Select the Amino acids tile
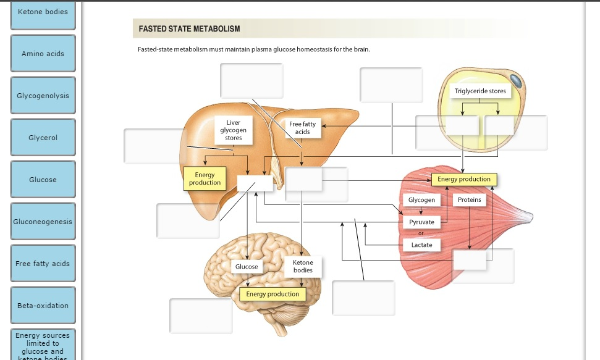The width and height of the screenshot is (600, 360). pos(43,54)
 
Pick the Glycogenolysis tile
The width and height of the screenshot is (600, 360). pos(43,96)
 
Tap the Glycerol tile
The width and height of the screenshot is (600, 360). pos(43,138)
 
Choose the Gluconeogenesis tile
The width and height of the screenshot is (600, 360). pos(43,222)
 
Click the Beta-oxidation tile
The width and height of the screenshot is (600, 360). pos(43,306)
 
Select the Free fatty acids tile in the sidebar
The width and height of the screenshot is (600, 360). pos(43,264)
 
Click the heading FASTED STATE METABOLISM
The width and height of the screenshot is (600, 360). pos(189,29)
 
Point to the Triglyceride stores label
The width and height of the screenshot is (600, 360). pos(480,91)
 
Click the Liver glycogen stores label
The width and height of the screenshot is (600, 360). pos(233,130)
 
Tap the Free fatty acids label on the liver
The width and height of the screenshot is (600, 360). pos(302,128)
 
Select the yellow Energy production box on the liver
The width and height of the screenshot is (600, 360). pos(205,179)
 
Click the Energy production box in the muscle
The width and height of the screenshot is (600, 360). pos(463,179)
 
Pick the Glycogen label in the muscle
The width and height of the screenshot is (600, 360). pos(421,200)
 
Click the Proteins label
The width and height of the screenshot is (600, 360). pos(470,200)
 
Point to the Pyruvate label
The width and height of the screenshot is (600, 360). pos(421,222)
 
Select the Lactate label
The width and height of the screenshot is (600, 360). pos(421,245)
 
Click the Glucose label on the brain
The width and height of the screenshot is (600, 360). pos(247,267)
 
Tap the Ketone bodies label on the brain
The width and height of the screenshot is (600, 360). pos(303,266)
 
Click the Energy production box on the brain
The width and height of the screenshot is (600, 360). pos(273,294)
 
